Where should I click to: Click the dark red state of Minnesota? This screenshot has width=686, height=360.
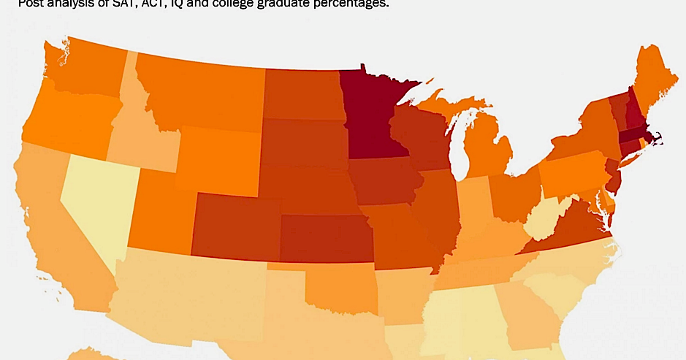(373, 117)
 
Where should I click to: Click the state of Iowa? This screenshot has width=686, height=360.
(384, 183)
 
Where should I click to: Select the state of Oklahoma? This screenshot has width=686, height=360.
(340, 288)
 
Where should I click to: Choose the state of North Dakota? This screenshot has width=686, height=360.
(303, 95)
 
